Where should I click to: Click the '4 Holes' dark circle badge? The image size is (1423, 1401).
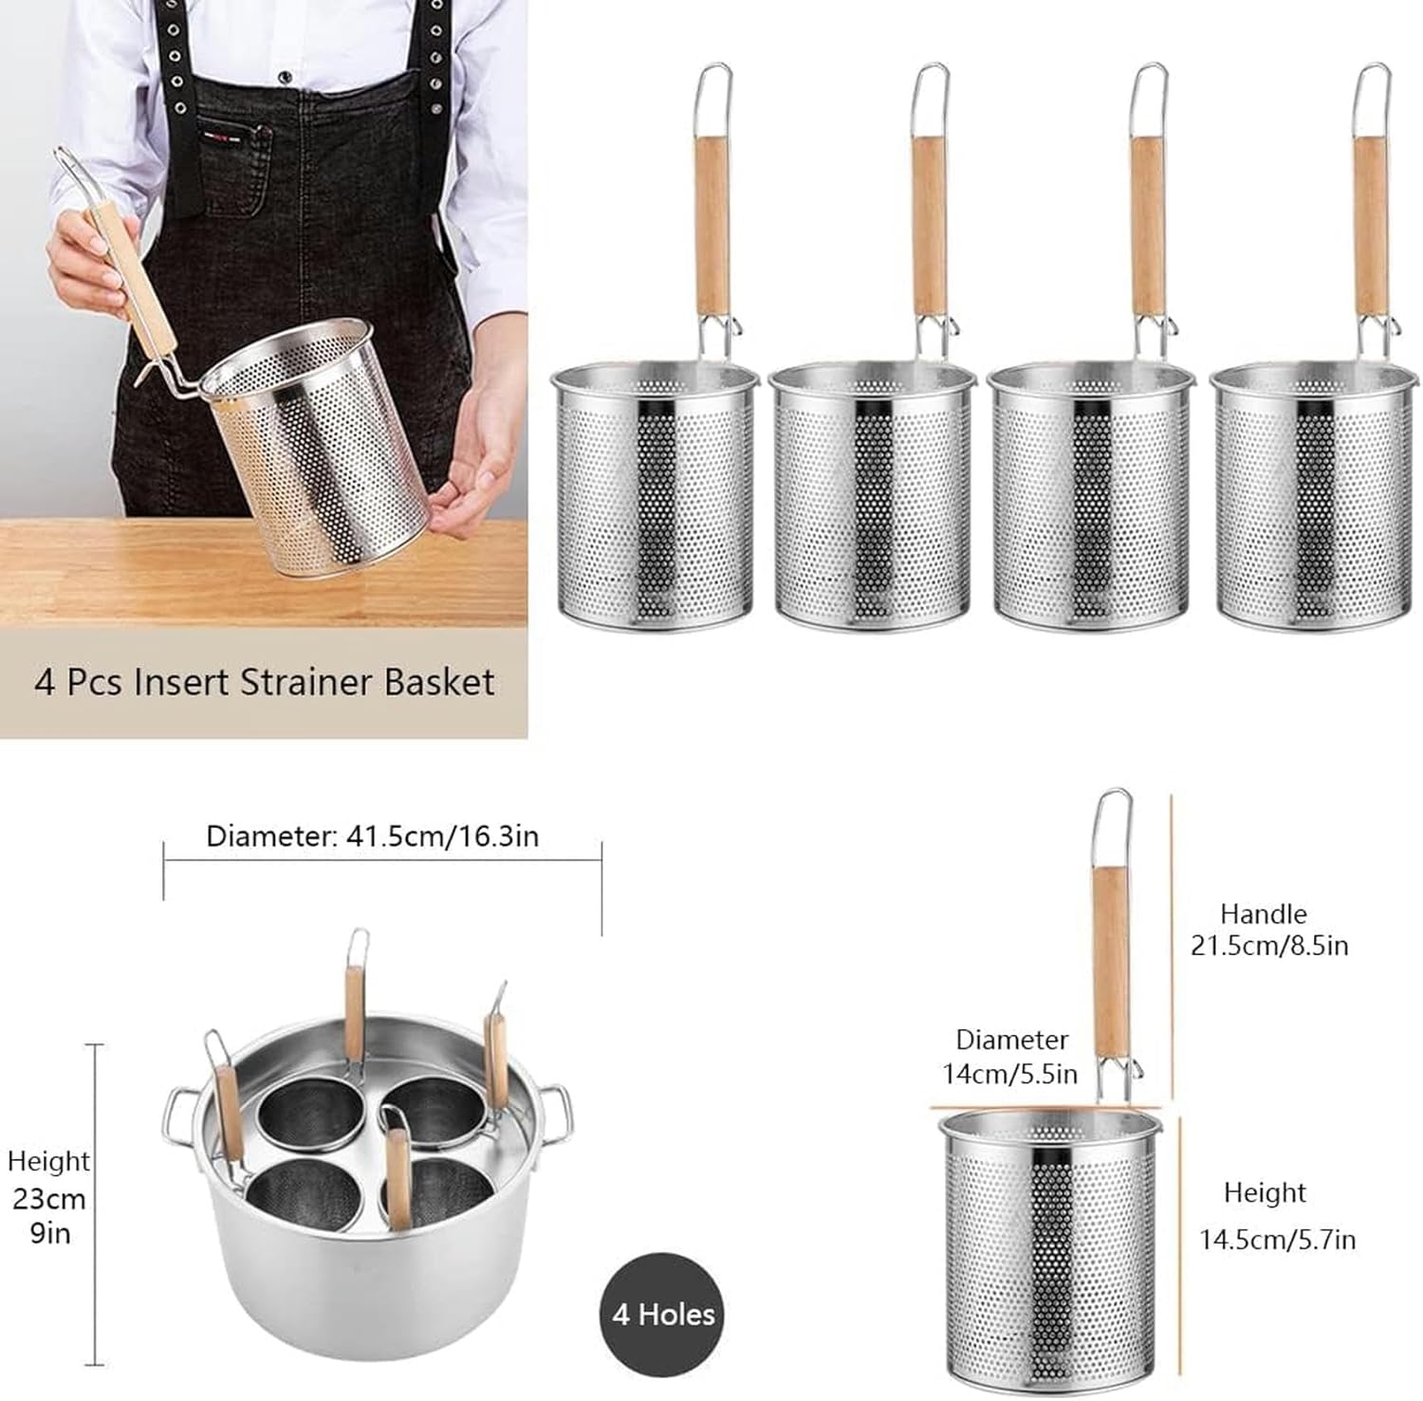662,1314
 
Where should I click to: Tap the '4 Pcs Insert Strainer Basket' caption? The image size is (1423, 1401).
265,682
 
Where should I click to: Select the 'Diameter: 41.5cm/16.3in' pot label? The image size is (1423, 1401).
372,837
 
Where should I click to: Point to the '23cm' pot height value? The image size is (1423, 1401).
49,1198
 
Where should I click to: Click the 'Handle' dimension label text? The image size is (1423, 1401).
1263,913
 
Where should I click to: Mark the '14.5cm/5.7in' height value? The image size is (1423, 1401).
1277,1239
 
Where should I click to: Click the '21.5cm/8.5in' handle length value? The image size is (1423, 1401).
1269,946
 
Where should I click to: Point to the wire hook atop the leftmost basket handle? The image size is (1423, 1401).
713,95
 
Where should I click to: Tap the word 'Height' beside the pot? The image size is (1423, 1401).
48,1161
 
